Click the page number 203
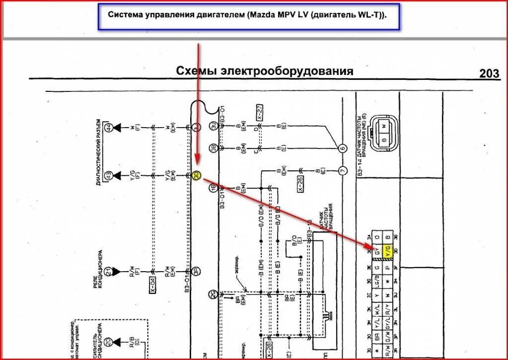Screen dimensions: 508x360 click(489, 73)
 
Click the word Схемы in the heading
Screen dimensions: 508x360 click(197, 71)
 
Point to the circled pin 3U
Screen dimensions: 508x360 click(213, 128)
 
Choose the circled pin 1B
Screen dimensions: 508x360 click(213, 188)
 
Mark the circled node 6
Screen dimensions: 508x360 click(342, 148)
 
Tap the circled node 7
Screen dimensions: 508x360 click(342, 171)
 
